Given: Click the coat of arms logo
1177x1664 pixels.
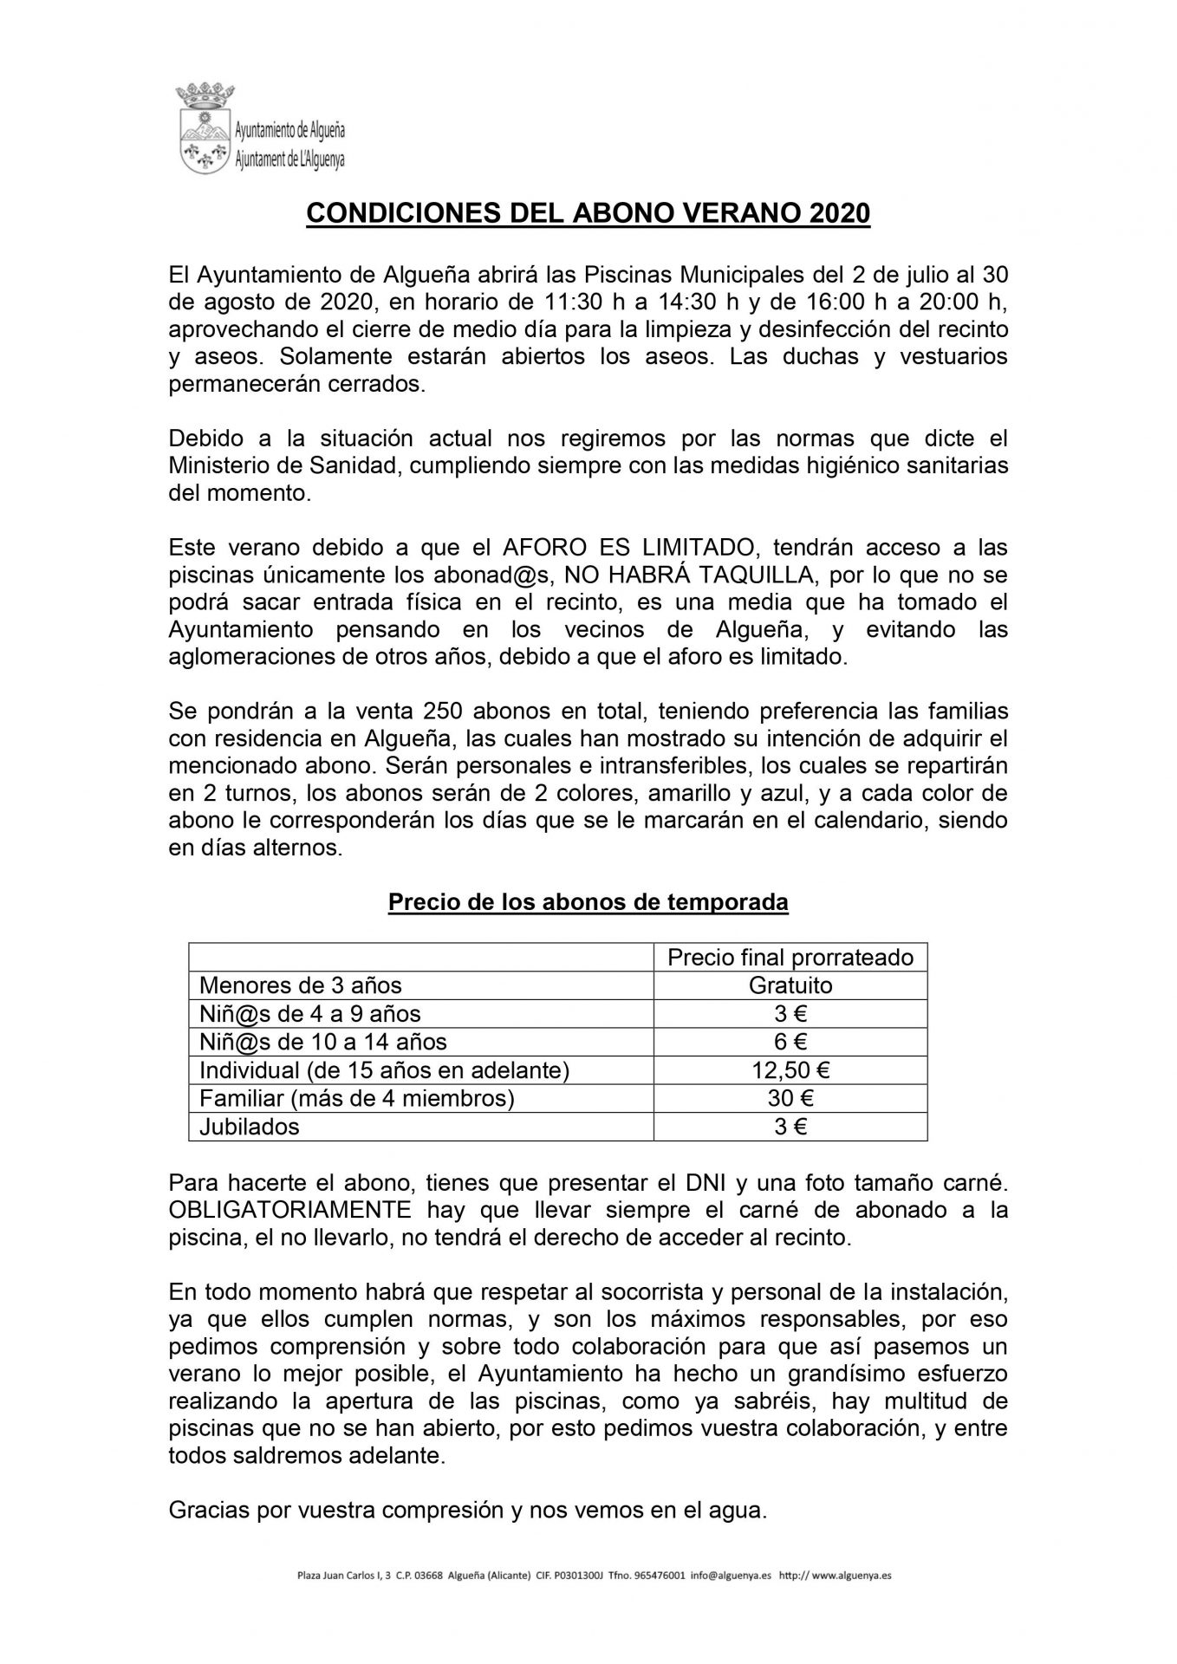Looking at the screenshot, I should coord(203,127).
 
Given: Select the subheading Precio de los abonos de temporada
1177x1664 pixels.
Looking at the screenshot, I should coord(588,902).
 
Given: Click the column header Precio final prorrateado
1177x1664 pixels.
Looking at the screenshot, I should coord(790,957).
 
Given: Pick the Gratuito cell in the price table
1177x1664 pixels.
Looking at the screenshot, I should coord(790,985).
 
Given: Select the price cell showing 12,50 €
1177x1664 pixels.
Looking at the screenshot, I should coord(790,1070).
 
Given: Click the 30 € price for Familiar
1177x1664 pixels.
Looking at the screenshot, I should coord(790,1098).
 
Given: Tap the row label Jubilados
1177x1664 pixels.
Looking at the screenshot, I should coord(250,1127).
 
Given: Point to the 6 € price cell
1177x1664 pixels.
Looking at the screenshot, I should coord(790,1042).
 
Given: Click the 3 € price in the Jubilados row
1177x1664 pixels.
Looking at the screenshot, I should coord(790,1127).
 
